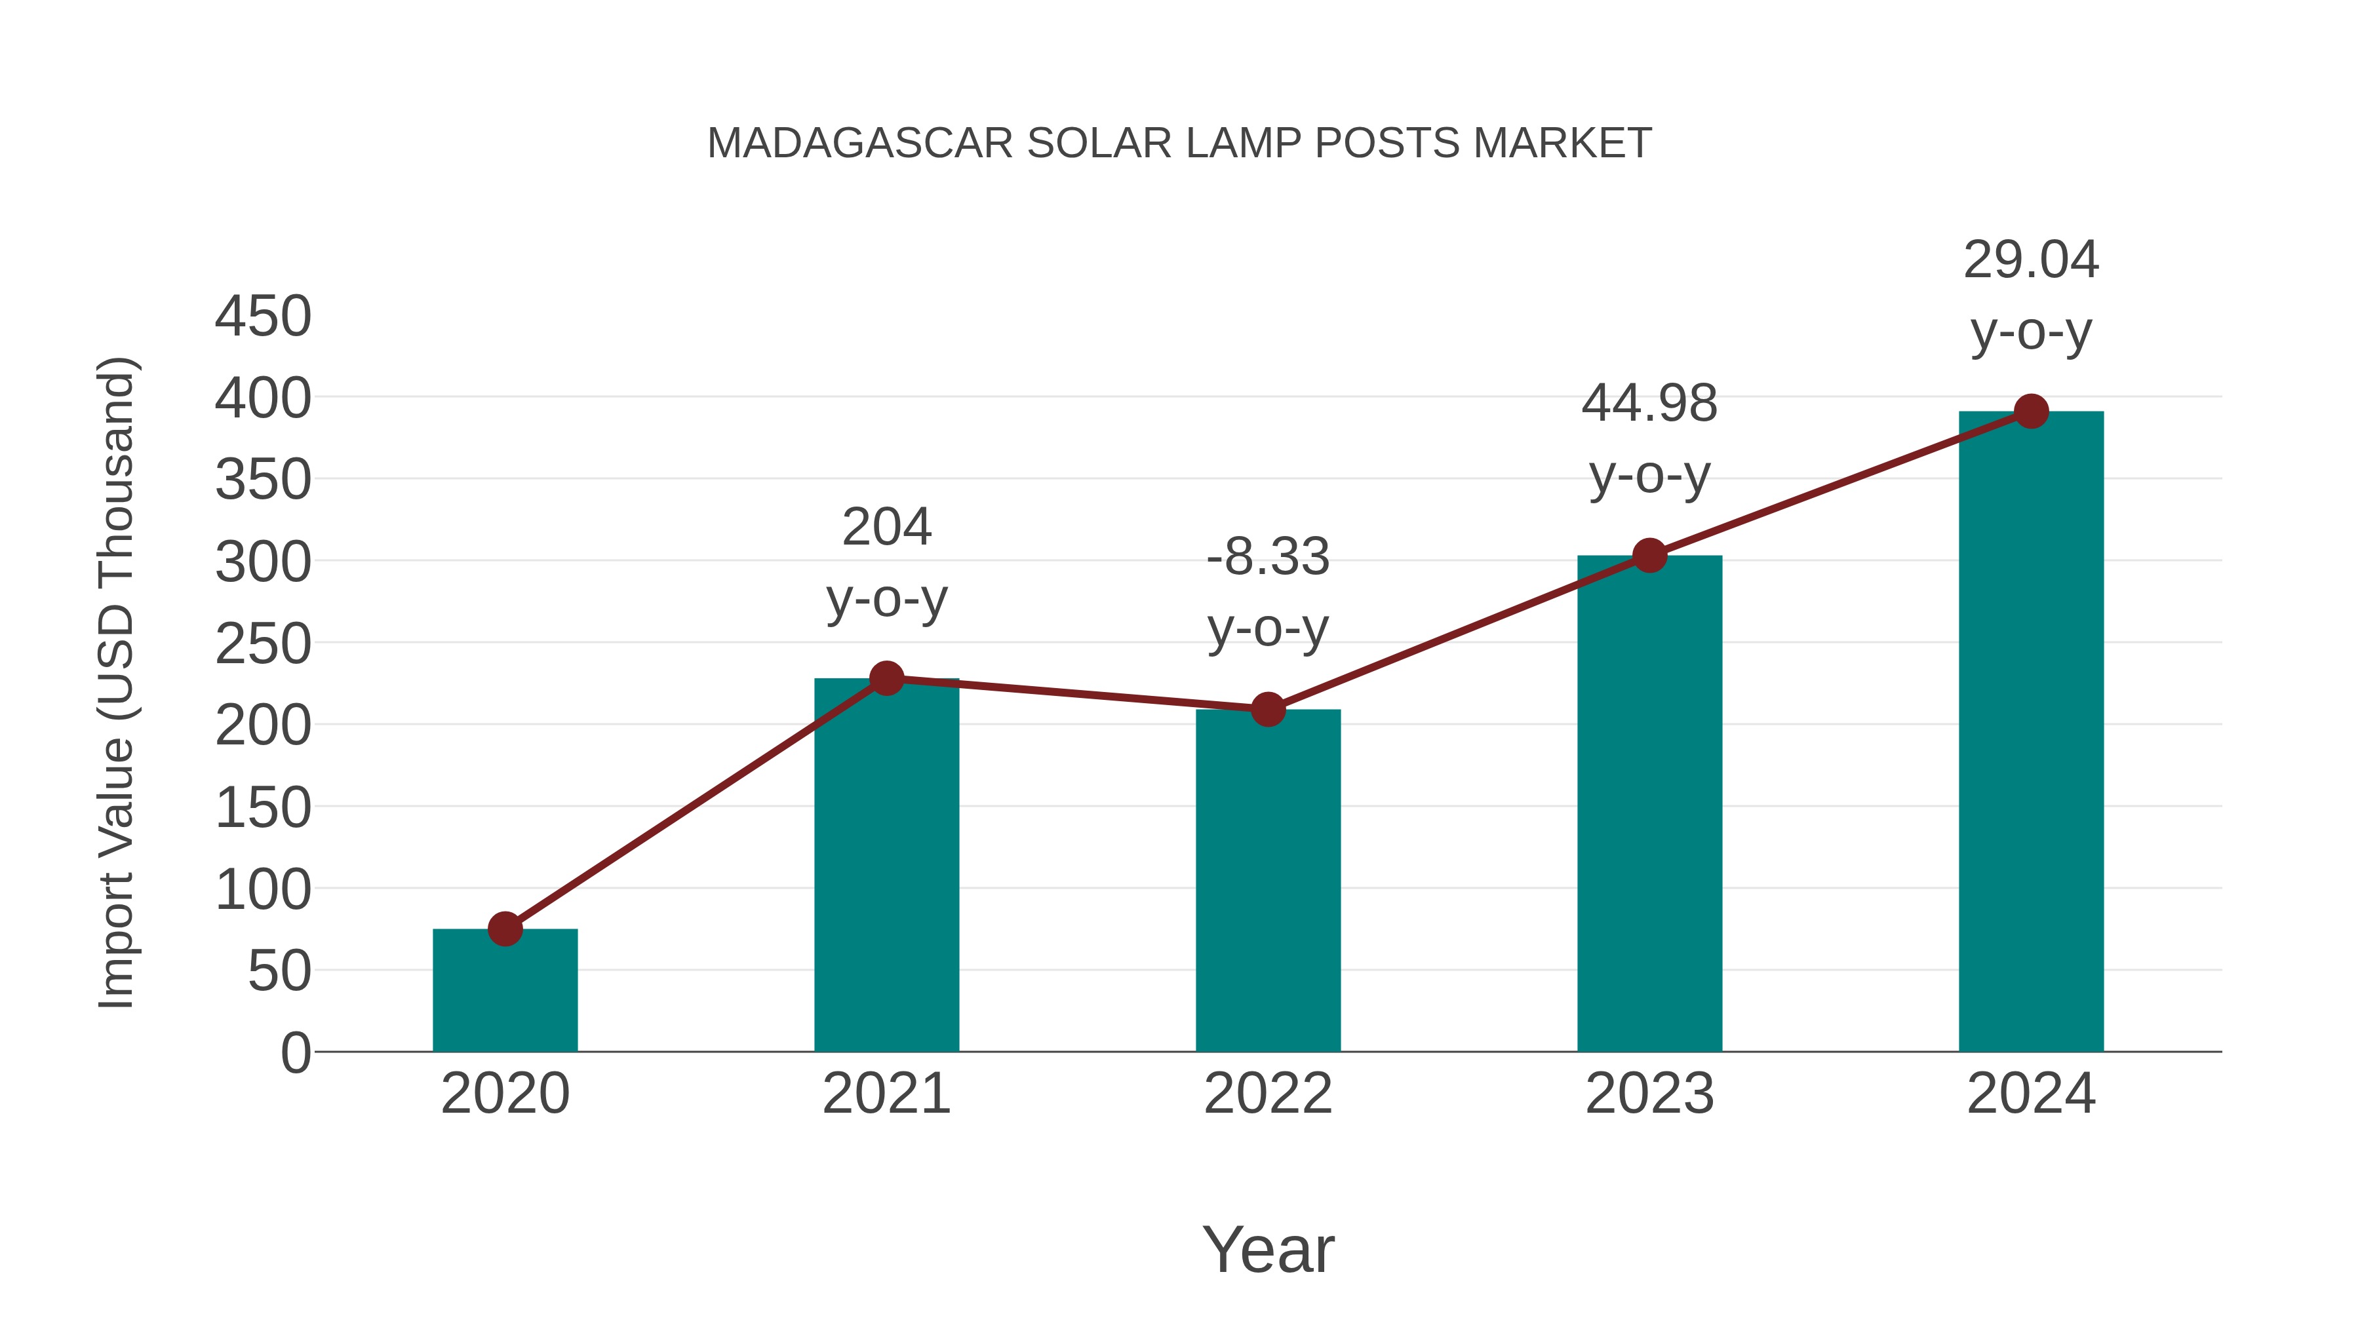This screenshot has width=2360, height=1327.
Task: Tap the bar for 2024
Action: pyautogui.click(x=2031, y=733)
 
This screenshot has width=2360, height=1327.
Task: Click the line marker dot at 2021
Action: pyautogui.click(x=886, y=679)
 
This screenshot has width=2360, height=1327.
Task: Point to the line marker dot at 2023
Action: pyautogui.click(x=1649, y=555)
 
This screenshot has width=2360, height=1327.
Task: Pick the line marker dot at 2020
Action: pyautogui.click(x=505, y=929)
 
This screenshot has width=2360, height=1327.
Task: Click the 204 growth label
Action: pyautogui.click(x=886, y=528)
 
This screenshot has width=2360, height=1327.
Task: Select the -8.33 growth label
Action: pyautogui.click(x=1268, y=557)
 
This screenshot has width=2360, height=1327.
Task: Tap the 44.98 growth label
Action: pyautogui.click(x=1649, y=403)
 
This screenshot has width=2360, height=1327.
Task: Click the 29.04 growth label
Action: pyautogui.click(x=2031, y=260)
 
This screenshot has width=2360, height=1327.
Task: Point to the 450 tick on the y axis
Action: pyautogui.click(x=263, y=317)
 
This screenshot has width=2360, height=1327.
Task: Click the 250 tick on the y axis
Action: pyautogui.click(x=263, y=645)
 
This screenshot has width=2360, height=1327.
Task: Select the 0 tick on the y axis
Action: pyautogui.click(x=295, y=1052)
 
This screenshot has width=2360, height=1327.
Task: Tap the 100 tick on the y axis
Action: pyautogui.click(x=263, y=889)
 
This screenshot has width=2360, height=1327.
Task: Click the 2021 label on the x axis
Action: pyautogui.click(x=886, y=1094)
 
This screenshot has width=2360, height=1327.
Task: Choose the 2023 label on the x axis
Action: pyautogui.click(x=1649, y=1094)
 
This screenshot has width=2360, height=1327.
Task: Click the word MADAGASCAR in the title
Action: pyautogui.click(x=859, y=144)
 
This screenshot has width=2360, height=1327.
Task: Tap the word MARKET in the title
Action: pyautogui.click(x=1562, y=144)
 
